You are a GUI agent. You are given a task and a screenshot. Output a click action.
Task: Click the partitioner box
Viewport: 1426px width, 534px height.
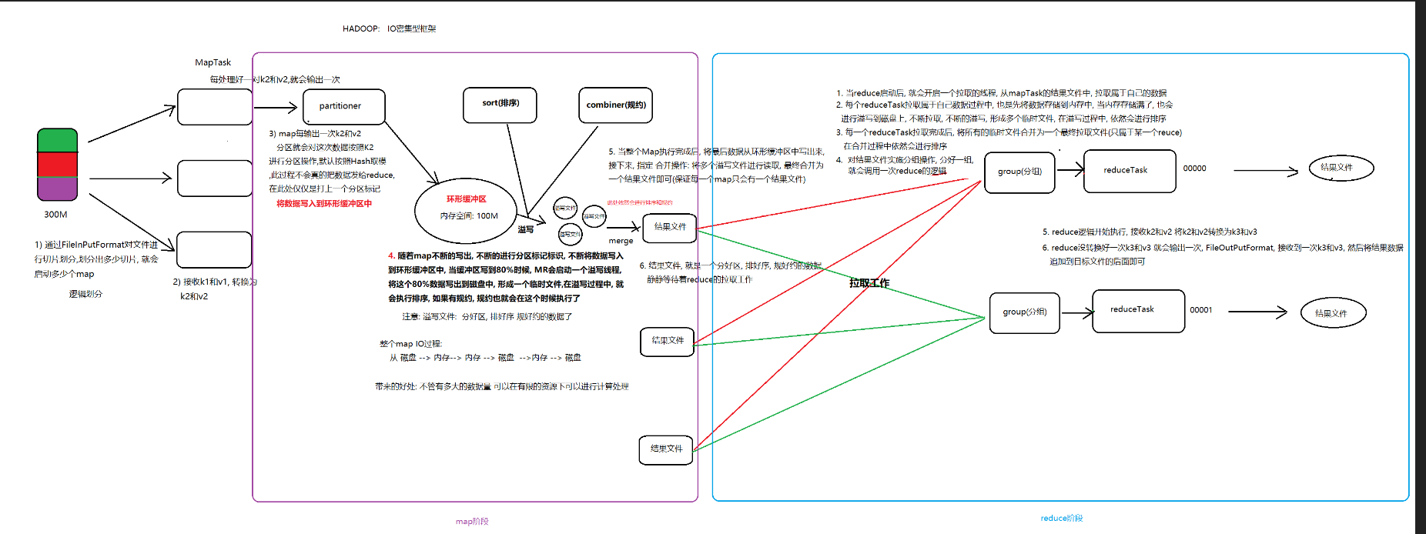pyautogui.click(x=343, y=106)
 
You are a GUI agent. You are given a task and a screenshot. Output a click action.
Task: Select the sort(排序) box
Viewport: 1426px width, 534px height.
pyautogui.click(x=500, y=105)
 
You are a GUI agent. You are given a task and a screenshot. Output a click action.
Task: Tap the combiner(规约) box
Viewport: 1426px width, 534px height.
pyautogui.click(x=615, y=105)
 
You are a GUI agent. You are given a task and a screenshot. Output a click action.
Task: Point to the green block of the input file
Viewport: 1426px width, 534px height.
pyautogui.click(x=58, y=141)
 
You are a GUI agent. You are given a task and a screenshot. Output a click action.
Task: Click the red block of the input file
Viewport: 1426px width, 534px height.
pyautogui.click(x=58, y=165)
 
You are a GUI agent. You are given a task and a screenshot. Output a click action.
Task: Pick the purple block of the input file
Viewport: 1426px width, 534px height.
pyautogui.click(x=58, y=188)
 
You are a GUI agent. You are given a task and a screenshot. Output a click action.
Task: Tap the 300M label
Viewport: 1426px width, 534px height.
pyautogui.click(x=55, y=215)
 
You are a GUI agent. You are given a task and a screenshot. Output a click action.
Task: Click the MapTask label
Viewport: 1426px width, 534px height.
pyautogui.click(x=213, y=62)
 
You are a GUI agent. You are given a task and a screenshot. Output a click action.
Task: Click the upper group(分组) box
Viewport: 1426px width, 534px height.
pyautogui.click(x=1019, y=172)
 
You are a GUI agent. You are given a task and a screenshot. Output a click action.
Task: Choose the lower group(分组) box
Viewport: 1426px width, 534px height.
pyautogui.click(x=1024, y=312)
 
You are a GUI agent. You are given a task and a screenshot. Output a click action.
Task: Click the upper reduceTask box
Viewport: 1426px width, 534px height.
pyautogui.click(x=1129, y=170)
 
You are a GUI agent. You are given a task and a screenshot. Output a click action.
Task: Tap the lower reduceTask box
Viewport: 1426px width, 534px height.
pyautogui.click(x=1137, y=310)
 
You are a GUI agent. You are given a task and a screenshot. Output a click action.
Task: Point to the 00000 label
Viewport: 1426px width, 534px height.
pyautogui.click(x=1194, y=169)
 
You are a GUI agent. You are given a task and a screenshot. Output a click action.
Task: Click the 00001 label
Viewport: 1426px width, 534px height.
pyautogui.click(x=1200, y=310)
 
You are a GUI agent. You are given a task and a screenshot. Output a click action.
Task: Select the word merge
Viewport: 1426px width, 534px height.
pyautogui.click(x=621, y=241)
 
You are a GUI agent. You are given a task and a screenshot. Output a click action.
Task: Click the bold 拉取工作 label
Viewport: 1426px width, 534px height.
pyautogui.click(x=869, y=283)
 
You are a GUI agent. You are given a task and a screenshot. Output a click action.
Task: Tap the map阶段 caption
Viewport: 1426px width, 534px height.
pyautogui.click(x=472, y=521)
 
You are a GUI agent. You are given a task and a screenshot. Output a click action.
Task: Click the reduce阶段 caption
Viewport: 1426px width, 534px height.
pyautogui.click(x=1061, y=518)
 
